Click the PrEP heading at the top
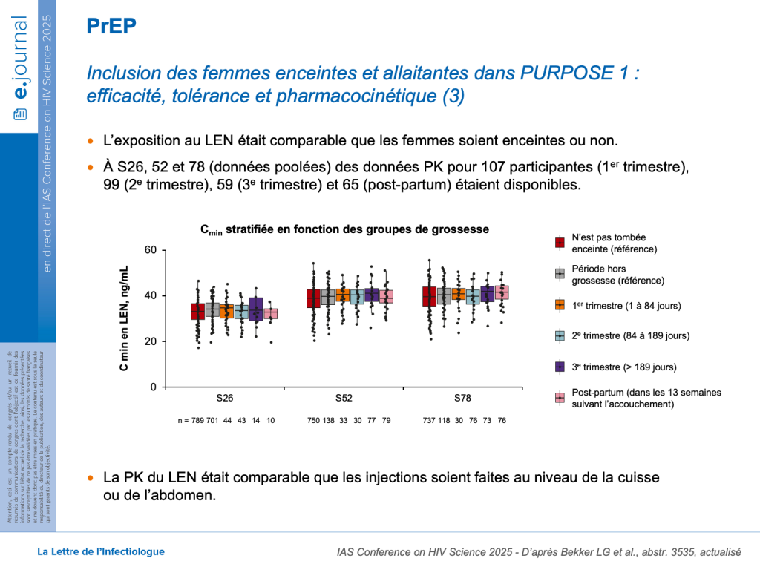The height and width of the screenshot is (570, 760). (x=111, y=27)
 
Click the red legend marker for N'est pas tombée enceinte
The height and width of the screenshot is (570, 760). (x=560, y=243)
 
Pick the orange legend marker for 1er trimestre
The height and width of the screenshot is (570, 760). (x=560, y=305)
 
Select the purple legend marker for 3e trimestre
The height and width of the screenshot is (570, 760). (x=560, y=367)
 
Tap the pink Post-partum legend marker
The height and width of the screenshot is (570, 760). (x=560, y=398)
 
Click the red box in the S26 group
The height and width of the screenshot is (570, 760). (x=197, y=311)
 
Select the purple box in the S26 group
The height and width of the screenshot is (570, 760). (x=256, y=307)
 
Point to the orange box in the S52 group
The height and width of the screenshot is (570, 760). (x=342, y=295)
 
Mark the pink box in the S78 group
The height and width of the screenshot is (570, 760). (x=502, y=292)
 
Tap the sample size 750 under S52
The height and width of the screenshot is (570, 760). (x=313, y=421)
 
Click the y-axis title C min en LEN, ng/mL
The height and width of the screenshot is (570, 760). (x=125, y=318)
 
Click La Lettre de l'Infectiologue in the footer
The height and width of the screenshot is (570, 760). (x=101, y=551)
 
